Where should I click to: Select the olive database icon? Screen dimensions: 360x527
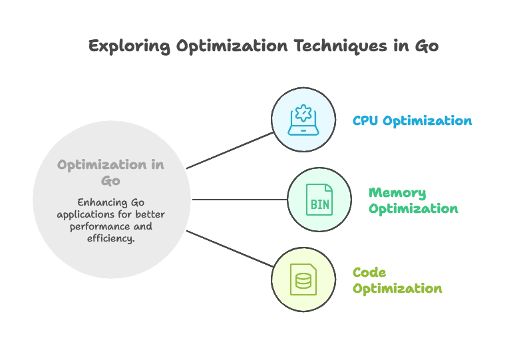[x=303, y=279]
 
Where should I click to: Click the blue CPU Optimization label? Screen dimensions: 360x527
[x=413, y=121]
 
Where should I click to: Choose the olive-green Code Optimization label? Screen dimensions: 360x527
[x=398, y=281]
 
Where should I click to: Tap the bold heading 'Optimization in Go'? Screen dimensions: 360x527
[x=110, y=171]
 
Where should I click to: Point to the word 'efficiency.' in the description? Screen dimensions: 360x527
[x=110, y=238]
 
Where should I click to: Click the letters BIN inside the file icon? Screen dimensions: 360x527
[x=319, y=202]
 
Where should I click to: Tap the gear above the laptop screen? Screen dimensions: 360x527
[x=303, y=114]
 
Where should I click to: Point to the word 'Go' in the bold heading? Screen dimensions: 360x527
[x=110, y=180]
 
